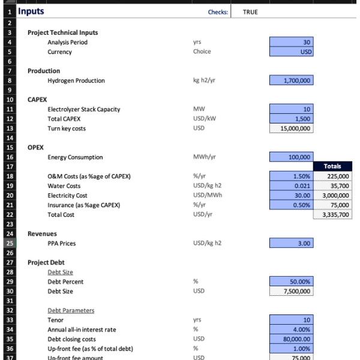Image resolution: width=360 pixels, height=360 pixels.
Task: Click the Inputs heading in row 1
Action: point(31,11)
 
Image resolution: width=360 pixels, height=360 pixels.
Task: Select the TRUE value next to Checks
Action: point(250,12)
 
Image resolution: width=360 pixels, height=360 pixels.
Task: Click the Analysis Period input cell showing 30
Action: point(291,43)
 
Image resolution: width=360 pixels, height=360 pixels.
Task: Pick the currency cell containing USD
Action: point(291,52)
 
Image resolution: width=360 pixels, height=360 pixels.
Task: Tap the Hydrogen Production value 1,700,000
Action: point(291,81)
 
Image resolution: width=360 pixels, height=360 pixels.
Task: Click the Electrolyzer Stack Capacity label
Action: point(83,109)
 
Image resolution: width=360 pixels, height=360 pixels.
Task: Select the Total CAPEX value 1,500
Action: point(291,119)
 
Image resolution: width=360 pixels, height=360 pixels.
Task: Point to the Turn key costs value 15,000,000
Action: point(291,128)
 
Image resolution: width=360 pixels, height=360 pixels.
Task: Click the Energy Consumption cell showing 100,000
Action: point(291,157)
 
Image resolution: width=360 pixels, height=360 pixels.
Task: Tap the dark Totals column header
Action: point(332,166)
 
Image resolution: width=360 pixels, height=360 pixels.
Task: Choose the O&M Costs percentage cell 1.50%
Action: point(291,176)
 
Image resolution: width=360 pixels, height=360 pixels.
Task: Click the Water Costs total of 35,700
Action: point(332,186)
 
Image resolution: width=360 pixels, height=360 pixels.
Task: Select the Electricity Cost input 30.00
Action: point(291,196)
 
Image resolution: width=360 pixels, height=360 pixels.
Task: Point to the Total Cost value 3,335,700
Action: point(332,215)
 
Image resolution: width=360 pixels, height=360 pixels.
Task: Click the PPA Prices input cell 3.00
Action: point(291,244)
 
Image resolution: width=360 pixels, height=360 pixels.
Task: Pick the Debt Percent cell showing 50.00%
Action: point(291,282)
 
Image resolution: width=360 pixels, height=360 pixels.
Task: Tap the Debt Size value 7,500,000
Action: point(291,292)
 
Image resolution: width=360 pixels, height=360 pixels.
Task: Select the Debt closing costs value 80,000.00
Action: point(291,340)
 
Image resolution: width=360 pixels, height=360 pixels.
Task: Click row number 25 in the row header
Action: point(10,244)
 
